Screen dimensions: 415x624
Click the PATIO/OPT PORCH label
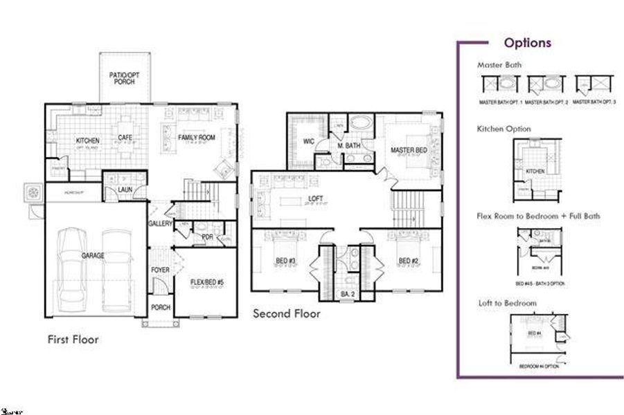pos(125,77)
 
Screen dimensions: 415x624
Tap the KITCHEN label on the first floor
pos(87,141)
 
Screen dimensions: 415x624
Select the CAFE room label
pos(125,137)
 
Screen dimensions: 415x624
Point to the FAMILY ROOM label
pos(197,138)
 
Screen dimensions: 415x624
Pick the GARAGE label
pos(93,256)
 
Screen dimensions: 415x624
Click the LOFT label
pos(315,199)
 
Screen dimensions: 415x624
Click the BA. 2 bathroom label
pos(347,294)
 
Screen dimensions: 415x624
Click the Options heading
pos(527,43)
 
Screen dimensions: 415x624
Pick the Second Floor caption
pos(286,313)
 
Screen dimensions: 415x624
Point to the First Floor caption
pos(73,340)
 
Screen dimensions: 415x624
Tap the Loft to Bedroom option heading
pos(507,303)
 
